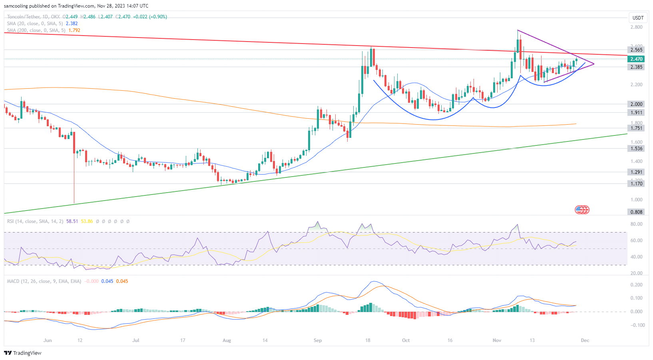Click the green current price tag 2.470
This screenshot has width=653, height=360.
coord(636,59)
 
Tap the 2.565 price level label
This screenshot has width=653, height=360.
coord(636,50)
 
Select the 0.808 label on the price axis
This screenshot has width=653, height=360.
coord(636,212)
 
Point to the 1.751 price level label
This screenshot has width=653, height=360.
coord(636,128)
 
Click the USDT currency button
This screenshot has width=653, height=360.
coord(638,18)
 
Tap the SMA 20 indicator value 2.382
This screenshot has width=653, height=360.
coord(72,24)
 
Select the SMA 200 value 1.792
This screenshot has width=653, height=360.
coord(74,30)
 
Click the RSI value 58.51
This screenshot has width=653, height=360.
coord(72,221)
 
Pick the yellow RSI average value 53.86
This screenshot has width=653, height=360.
coord(87,221)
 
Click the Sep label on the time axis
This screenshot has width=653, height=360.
coord(318,340)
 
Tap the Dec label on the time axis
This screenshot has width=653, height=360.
coord(585,340)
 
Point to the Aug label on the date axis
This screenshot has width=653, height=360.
coord(227,340)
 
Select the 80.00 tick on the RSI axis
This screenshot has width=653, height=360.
coord(636,224)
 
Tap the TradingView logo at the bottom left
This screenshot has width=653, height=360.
coord(23,353)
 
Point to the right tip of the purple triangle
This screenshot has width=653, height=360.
coord(594,64)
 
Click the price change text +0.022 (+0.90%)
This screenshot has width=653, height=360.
coord(150,17)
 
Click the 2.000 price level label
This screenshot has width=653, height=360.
coord(636,104)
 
